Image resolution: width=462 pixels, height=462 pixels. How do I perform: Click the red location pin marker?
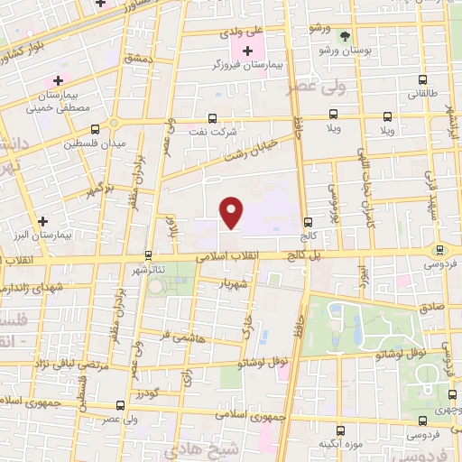pos(233,213)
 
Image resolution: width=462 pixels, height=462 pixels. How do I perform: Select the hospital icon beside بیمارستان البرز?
pos(42,220)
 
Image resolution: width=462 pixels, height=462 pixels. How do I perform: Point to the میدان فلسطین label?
pos(95,143)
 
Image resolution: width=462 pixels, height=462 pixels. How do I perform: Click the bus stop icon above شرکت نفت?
pos(213,117)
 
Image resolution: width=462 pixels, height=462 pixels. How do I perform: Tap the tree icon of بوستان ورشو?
pos(346,36)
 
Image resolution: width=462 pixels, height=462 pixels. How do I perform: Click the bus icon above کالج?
pos(309,221)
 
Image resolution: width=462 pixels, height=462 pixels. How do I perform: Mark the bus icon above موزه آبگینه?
pos(339,431)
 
